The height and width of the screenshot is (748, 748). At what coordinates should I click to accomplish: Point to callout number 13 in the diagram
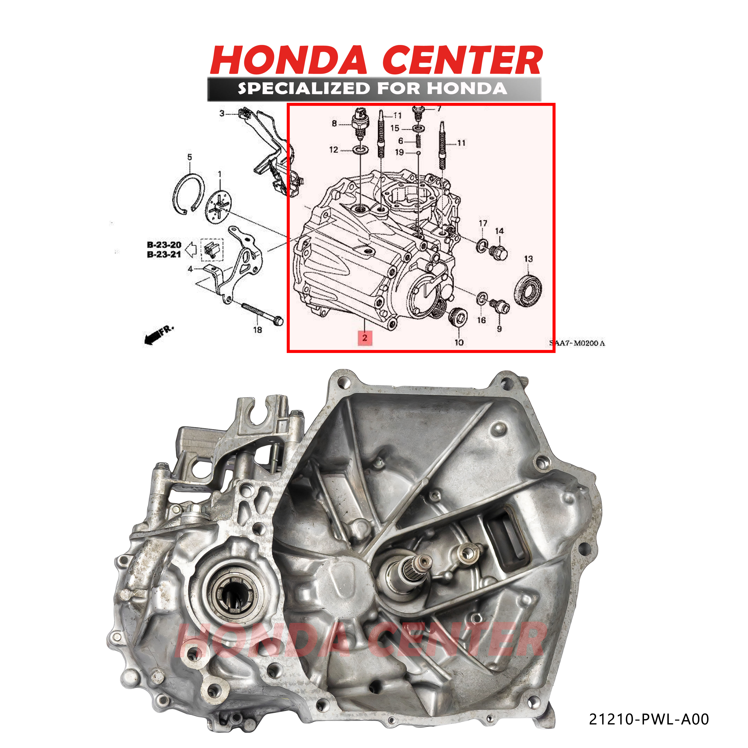tap(528, 259)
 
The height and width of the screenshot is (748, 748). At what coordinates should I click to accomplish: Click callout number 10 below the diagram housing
tap(459, 342)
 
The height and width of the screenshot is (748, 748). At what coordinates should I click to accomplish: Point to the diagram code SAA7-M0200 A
tap(577, 343)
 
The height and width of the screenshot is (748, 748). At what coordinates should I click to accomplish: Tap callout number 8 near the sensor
tap(334, 123)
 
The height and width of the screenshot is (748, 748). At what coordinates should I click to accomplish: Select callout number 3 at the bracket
tap(222, 113)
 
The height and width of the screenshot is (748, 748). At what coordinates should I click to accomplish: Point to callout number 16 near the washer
tap(481, 320)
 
